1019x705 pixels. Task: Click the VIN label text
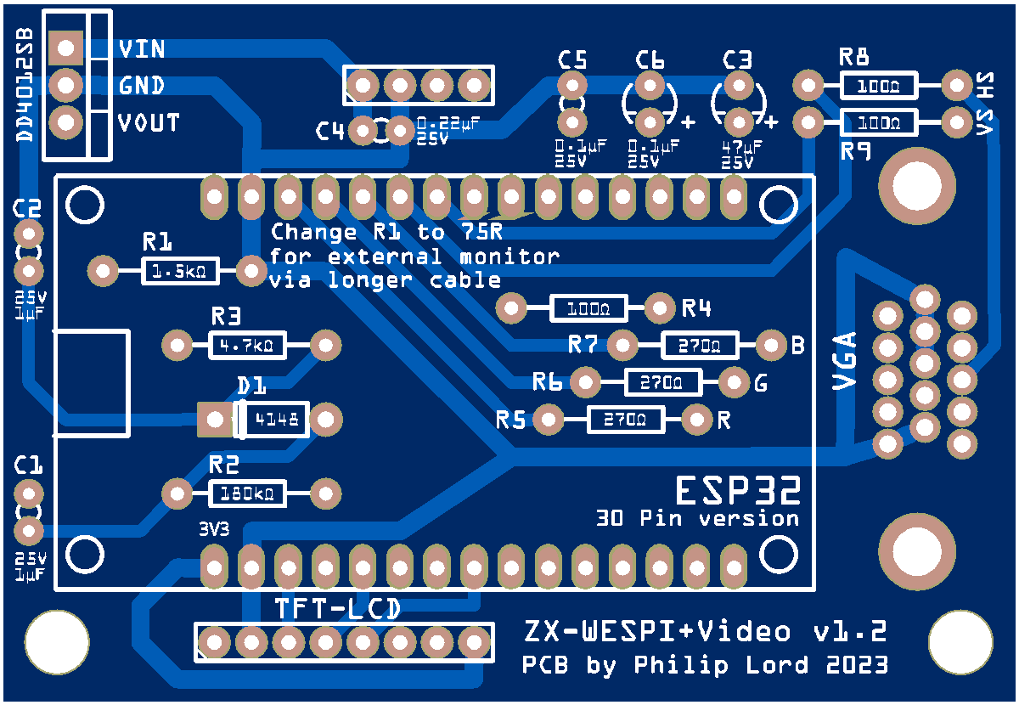(x=142, y=48)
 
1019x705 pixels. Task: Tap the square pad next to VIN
(x=65, y=48)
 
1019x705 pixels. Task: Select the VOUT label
(x=149, y=123)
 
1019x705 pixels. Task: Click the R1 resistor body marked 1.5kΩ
(x=179, y=273)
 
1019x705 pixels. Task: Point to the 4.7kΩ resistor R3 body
(x=246, y=346)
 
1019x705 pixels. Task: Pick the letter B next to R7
(x=797, y=346)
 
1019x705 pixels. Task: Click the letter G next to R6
(x=761, y=384)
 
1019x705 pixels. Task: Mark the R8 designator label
(x=853, y=58)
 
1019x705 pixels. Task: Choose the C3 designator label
(x=737, y=59)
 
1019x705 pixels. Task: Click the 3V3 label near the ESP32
(x=214, y=528)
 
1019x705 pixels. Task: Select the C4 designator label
(x=330, y=132)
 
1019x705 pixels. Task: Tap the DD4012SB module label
(x=25, y=83)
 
